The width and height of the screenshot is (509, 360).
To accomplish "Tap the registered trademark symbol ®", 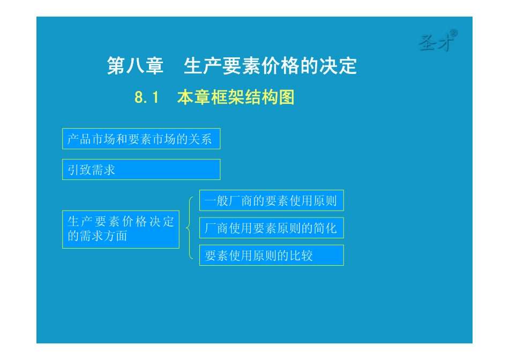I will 453,33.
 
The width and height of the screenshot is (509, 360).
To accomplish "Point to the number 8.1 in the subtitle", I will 147,98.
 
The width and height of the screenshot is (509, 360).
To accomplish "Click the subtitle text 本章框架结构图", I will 236,98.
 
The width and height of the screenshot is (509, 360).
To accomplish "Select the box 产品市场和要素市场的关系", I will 141,139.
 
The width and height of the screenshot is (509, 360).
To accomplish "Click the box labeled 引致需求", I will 141,170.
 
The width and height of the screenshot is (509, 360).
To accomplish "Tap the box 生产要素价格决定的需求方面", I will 121,229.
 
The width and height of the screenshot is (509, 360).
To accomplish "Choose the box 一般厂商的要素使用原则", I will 271,201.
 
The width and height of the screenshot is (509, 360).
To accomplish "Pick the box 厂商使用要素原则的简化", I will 271,228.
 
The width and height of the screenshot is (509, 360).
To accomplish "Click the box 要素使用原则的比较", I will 271,256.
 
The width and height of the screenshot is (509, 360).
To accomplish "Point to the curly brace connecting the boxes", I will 189,228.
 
